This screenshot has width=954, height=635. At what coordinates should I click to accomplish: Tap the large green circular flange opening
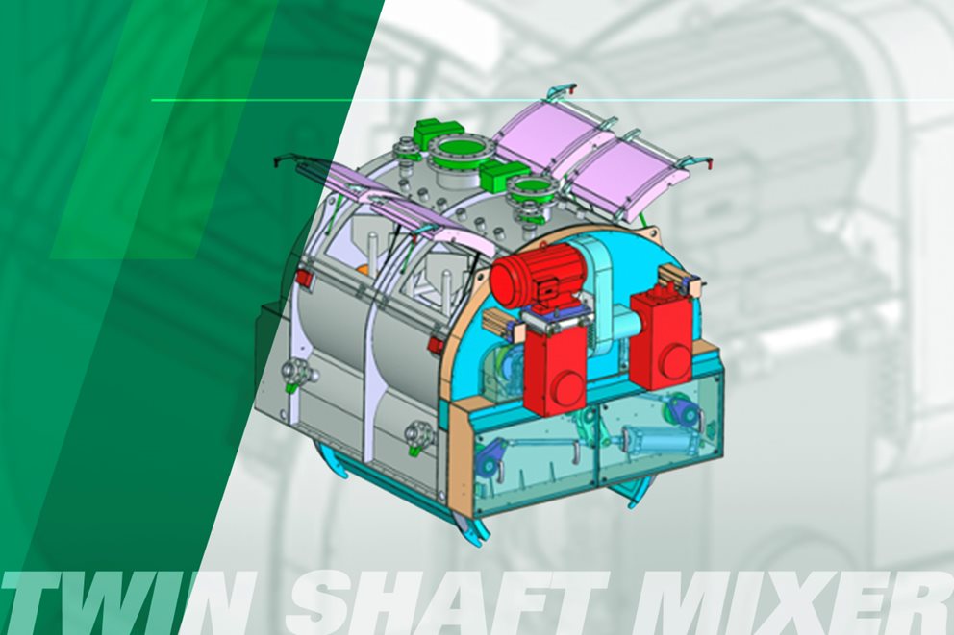[x=455, y=148]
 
